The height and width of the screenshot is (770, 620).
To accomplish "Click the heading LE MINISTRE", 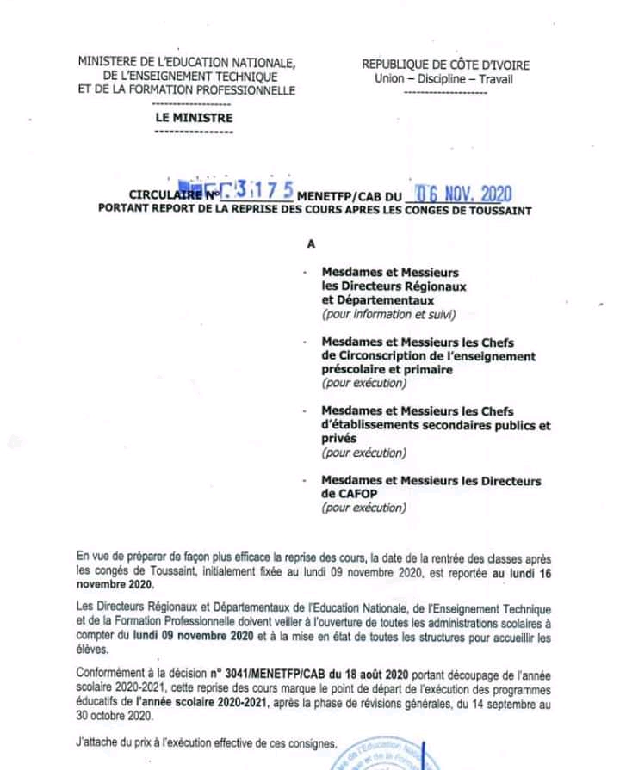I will point(194,118).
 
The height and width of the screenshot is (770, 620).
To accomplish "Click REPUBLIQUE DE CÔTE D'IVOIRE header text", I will point(445,65).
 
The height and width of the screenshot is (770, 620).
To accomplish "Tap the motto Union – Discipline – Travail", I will point(443,78).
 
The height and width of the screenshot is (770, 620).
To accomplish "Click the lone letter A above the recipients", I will point(312,243).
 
